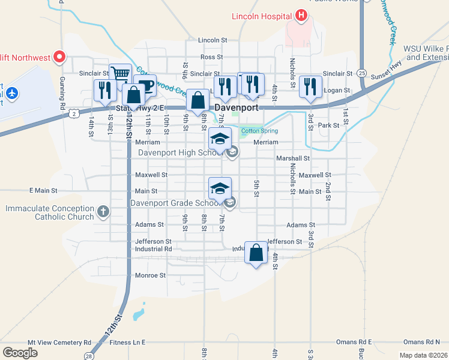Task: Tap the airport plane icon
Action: point(13,94)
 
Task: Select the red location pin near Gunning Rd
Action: point(59,57)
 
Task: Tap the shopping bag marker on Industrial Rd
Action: point(256,253)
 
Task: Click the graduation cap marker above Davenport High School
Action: point(220,139)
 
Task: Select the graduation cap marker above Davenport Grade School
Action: point(220,188)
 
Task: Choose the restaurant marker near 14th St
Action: point(105,89)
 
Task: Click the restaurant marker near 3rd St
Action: point(310,86)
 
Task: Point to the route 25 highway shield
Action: point(361,72)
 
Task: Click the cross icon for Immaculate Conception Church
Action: point(103,211)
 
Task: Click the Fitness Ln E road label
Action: point(128,342)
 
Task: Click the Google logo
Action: point(20,352)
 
